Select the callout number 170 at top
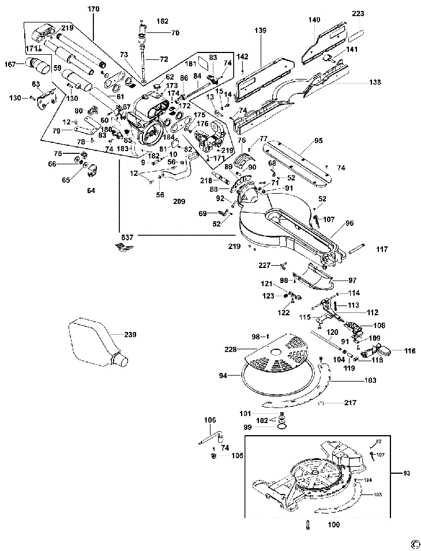93,9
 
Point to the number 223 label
358,13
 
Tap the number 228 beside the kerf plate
231,349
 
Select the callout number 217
349,402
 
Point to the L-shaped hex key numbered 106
210,436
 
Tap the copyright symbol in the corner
415,543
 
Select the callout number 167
11,64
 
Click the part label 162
162,21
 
